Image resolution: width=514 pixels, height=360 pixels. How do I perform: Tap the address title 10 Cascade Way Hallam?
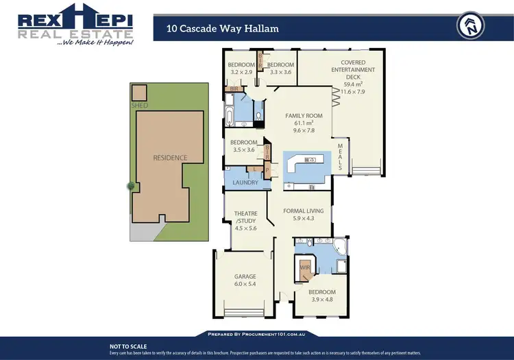click(x=222, y=28)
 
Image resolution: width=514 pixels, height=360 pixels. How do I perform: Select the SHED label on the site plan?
click(x=139, y=106)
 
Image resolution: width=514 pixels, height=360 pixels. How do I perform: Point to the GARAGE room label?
click(x=245, y=277)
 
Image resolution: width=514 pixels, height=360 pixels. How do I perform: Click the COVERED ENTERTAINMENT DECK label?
click(x=353, y=70)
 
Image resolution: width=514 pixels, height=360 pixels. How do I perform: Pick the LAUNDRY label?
click(x=245, y=182)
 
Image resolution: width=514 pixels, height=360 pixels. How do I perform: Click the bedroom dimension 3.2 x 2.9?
click(x=241, y=71)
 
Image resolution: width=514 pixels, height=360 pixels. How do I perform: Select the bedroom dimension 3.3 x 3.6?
click(x=281, y=71)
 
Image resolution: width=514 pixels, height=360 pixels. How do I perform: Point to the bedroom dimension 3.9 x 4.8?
click(x=321, y=299)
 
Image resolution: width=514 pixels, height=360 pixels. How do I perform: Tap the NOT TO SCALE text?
click(x=128, y=347)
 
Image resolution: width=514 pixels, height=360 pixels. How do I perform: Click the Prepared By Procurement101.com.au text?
click(x=257, y=334)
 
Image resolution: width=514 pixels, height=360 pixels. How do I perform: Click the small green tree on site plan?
click(x=130, y=186)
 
